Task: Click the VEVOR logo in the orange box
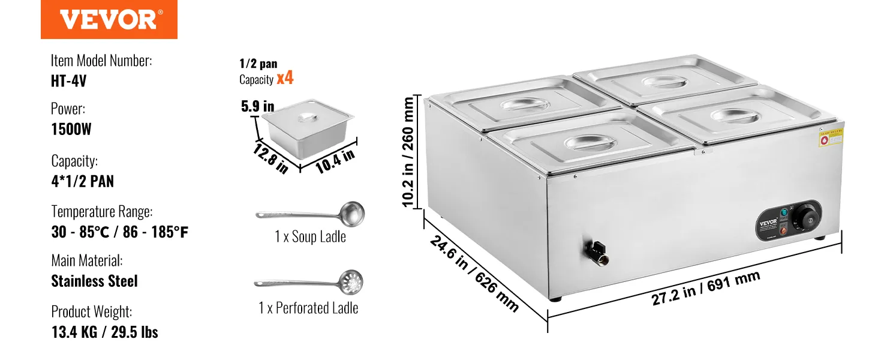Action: tap(109, 19)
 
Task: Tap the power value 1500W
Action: tap(71, 129)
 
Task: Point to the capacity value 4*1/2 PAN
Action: tap(83, 181)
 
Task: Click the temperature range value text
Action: tap(120, 232)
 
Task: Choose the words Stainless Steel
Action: tap(95, 281)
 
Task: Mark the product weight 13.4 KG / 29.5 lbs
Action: tap(105, 332)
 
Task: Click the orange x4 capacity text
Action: tap(285, 78)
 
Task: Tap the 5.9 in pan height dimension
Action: tap(257, 107)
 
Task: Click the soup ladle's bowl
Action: tap(351, 213)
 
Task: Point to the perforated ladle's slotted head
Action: tap(350, 280)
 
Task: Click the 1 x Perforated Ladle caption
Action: tap(308, 308)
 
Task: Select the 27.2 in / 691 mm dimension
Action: tap(706, 289)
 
